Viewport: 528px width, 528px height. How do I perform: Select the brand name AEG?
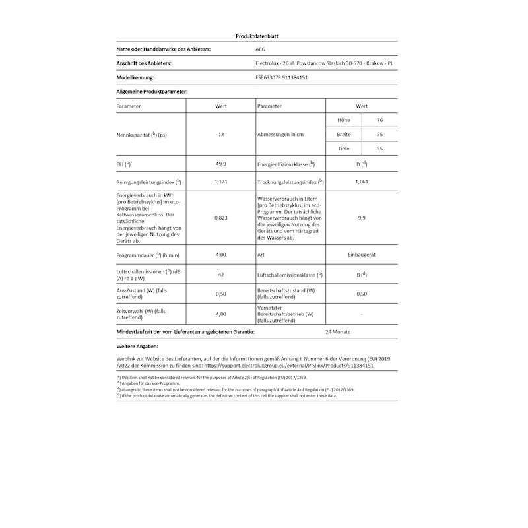tap(261, 49)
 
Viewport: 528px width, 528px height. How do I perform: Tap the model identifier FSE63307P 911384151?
tap(281, 77)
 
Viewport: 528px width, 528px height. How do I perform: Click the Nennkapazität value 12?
tap(221, 135)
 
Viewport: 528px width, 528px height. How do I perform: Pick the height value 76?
tap(379, 120)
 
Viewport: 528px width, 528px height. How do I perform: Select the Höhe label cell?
tap(343, 120)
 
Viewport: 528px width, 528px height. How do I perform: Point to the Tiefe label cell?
tap(343, 148)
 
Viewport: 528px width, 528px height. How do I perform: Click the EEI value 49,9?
tap(221, 164)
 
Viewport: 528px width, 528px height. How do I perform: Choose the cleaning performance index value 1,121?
tap(221, 181)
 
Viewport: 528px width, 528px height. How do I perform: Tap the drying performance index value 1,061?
tap(362, 181)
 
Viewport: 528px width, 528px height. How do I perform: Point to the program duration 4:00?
tap(221, 254)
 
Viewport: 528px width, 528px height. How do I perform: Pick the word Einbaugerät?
tap(362, 254)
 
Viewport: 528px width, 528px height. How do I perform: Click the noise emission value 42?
tap(221, 274)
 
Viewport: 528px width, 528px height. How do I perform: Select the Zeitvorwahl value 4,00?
tap(221, 314)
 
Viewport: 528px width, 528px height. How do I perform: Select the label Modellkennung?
tap(135, 77)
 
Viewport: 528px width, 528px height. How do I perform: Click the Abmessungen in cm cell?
tap(280, 135)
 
